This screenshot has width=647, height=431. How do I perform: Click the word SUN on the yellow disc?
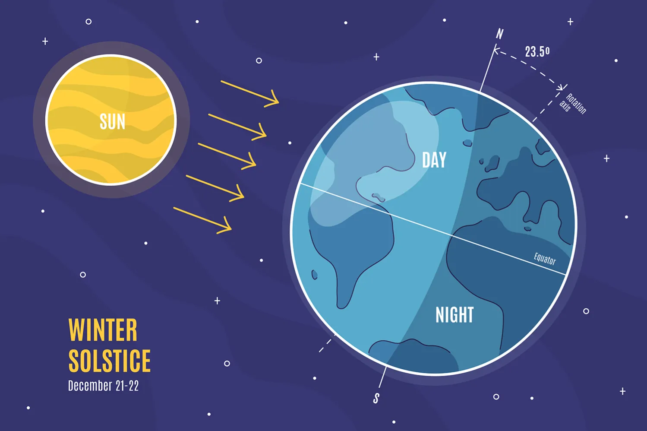[x=112, y=122]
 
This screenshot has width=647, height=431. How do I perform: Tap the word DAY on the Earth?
[x=434, y=160]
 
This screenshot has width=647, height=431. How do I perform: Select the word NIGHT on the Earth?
[x=454, y=315]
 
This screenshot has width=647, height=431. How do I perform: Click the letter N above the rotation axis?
[x=499, y=34]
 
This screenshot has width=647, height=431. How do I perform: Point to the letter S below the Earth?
[x=376, y=398]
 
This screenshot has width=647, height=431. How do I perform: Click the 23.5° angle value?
[x=537, y=52]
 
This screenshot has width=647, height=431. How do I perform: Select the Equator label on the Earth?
[x=545, y=259]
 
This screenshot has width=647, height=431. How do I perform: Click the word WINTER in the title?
[x=103, y=330]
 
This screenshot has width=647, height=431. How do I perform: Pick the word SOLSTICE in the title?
[x=110, y=361]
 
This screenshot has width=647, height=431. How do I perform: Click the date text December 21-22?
[x=103, y=386]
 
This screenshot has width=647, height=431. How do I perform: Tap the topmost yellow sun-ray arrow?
[x=250, y=92]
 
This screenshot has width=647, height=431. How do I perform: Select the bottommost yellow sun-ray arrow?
[x=202, y=220]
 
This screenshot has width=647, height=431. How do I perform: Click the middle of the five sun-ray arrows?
[x=227, y=156]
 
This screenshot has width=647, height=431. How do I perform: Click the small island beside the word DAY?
[x=467, y=143]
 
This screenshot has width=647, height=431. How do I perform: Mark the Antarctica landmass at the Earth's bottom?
[x=410, y=354]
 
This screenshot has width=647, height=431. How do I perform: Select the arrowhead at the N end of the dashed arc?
[x=496, y=51]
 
